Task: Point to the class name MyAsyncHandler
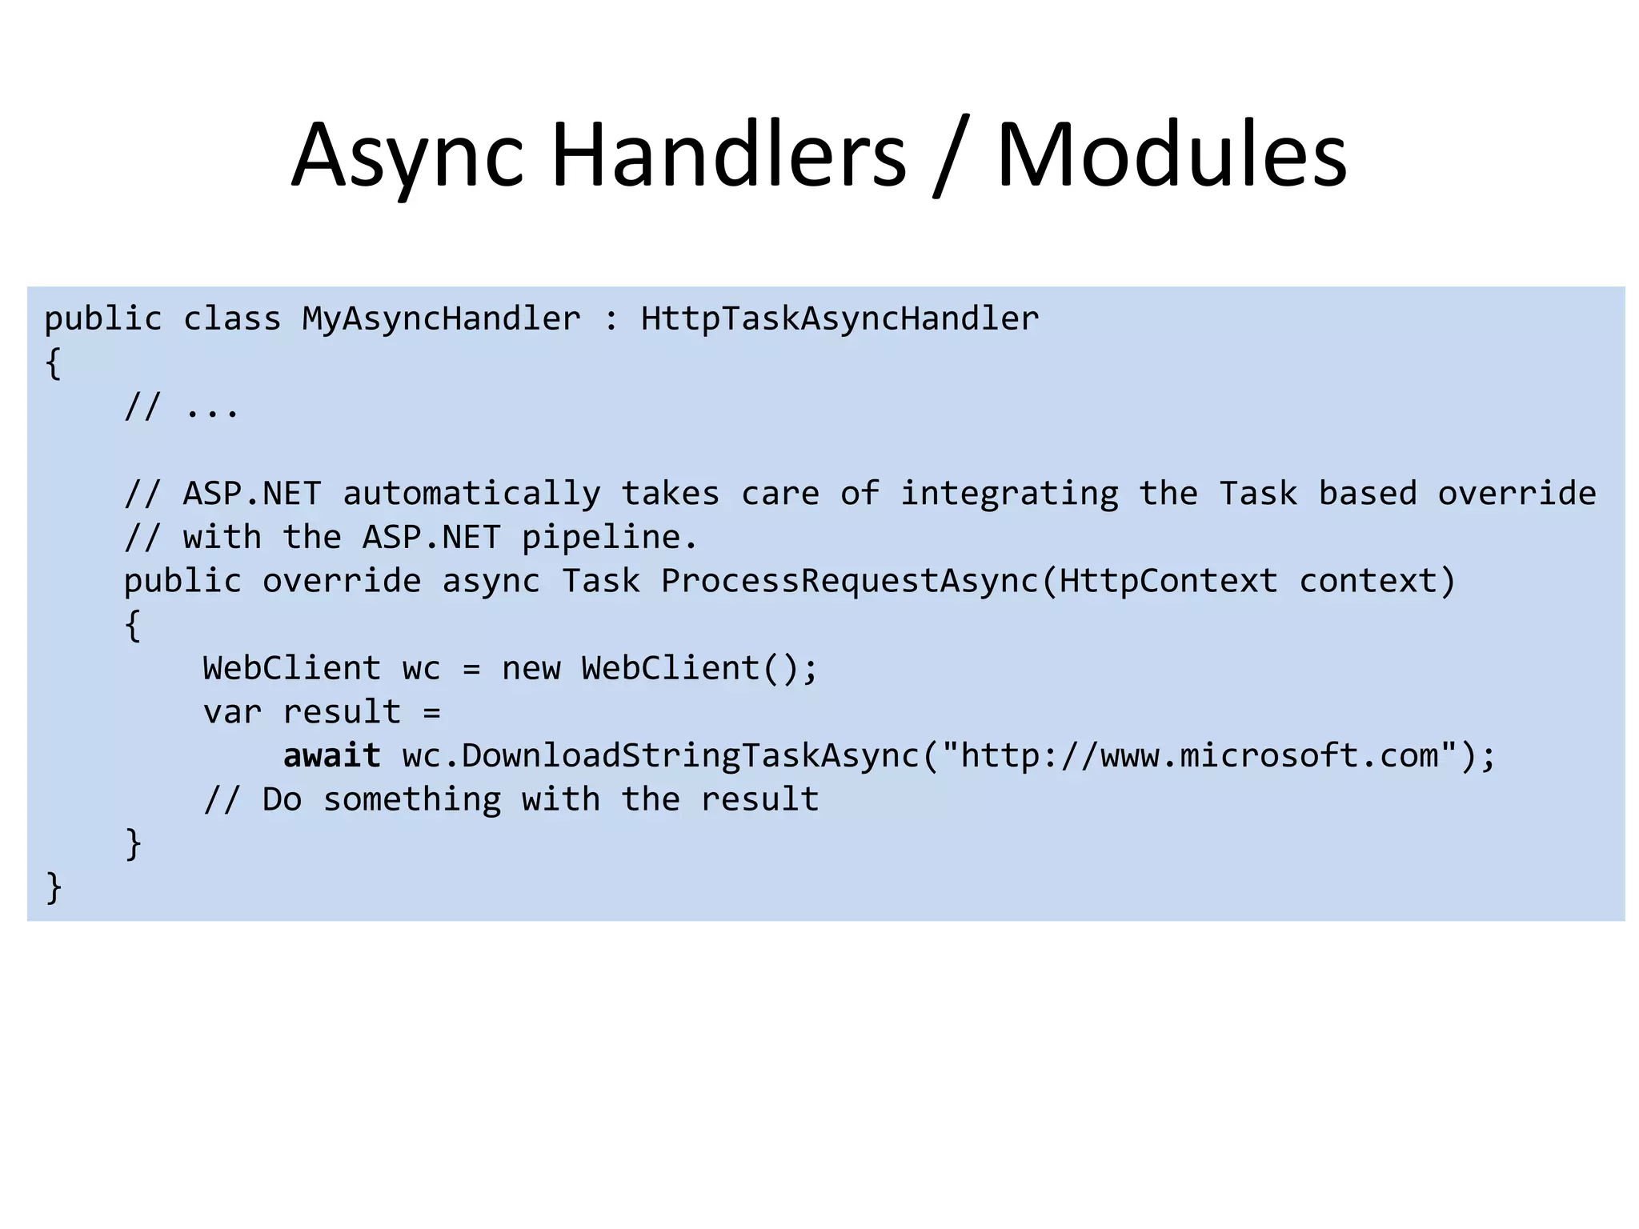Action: pyautogui.click(x=441, y=319)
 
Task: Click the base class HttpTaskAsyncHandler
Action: pyautogui.click(x=840, y=319)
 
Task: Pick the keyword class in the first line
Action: pyautogui.click(x=232, y=319)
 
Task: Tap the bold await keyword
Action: pyautogui.click(x=332, y=756)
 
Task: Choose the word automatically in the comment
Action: pyautogui.click(x=471, y=494)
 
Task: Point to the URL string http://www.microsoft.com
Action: pyautogui.click(x=1199, y=756)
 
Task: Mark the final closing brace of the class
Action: pyautogui.click(x=54, y=887)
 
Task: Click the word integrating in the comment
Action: pyautogui.click(x=1009, y=494)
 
